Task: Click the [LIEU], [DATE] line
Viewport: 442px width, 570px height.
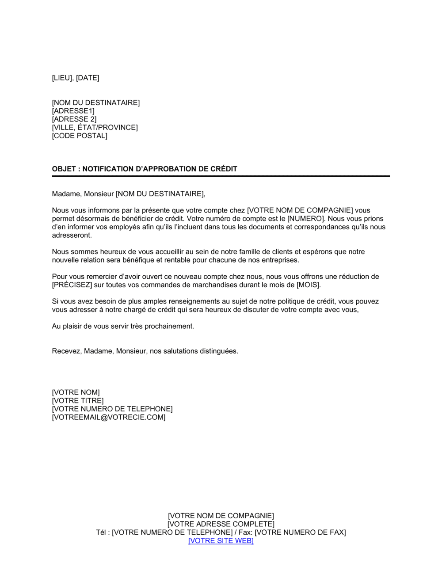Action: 76,78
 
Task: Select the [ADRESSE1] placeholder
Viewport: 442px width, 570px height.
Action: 73,111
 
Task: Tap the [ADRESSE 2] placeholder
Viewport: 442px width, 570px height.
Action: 74,119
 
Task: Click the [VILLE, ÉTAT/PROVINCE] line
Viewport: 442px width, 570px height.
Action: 95,128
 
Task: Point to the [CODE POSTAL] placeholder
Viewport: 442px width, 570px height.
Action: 80,136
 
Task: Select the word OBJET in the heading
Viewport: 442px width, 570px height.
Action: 64,169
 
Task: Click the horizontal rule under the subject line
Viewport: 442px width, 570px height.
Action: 221,176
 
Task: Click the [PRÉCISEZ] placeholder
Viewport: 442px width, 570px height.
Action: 72,285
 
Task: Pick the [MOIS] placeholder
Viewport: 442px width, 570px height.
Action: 308,285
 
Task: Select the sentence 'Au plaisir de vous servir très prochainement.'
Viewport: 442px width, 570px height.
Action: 123,326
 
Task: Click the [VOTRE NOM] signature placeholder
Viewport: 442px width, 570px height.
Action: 76,392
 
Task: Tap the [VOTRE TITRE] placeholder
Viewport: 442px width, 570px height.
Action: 78,401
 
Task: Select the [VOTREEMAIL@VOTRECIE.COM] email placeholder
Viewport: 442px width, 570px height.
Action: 109,417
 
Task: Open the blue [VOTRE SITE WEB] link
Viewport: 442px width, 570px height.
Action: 221,541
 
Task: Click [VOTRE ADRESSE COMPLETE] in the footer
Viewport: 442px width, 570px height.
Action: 221,524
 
